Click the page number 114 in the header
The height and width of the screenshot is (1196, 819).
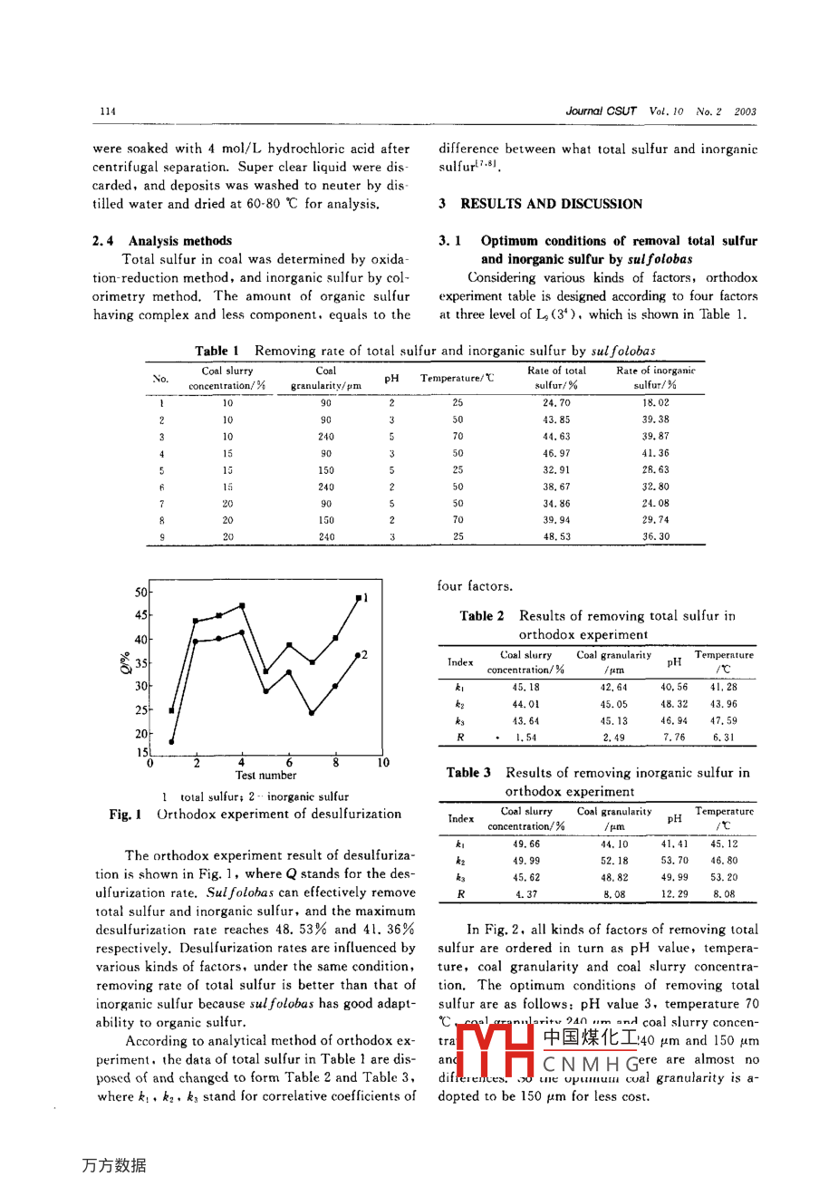pyautogui.click(x=108, y=111)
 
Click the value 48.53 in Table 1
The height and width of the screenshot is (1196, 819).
pyautogui.click(x=556, y=536)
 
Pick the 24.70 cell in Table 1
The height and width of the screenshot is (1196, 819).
pyautogui.click(x=556, y=403)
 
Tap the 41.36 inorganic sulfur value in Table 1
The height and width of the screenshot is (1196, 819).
pyautogui.click(x=655, y=453)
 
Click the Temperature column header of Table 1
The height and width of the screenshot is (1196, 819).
pyautogui.click(x=457, y=378)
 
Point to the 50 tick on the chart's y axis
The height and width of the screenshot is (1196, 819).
pyautogui.click(x=141, y=593)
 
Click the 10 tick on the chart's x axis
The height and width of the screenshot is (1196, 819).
pyautogui.click(x=383, y=763)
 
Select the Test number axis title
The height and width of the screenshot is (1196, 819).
pyautogui.click(x=265, y=776)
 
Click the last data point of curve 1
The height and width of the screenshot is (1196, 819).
pyautogui.click(x=359, y=598)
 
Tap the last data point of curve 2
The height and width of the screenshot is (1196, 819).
pyautogui.click(x=358, y=654)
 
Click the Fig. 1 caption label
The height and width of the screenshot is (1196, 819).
pyautogui.click(x=125, y=815)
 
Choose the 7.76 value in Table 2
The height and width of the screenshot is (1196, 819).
pyautogui.click(x=673, y=738)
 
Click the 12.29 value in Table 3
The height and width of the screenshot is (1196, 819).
pyautogui.click(x=674, y=893)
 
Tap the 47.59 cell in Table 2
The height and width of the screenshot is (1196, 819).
pyautogui.click(x=723, y=721)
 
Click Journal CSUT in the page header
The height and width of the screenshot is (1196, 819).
pyautogui.click(x=601, y=111)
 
